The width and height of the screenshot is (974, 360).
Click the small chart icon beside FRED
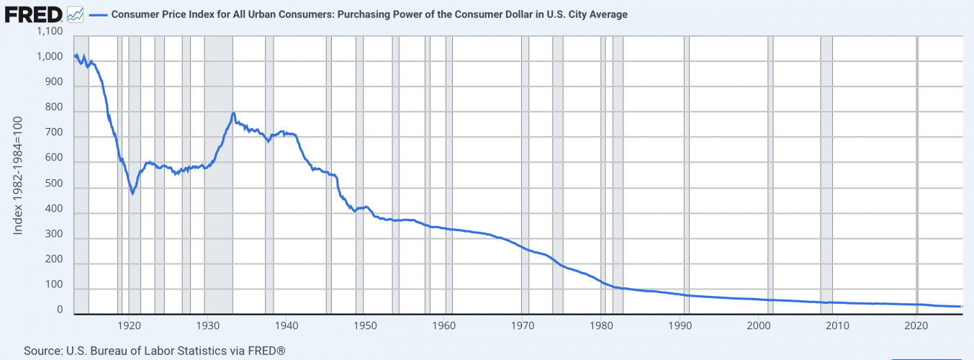[74, 14]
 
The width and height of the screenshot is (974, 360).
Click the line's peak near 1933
[233, 113]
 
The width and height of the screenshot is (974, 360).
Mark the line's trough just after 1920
[132, 193]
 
